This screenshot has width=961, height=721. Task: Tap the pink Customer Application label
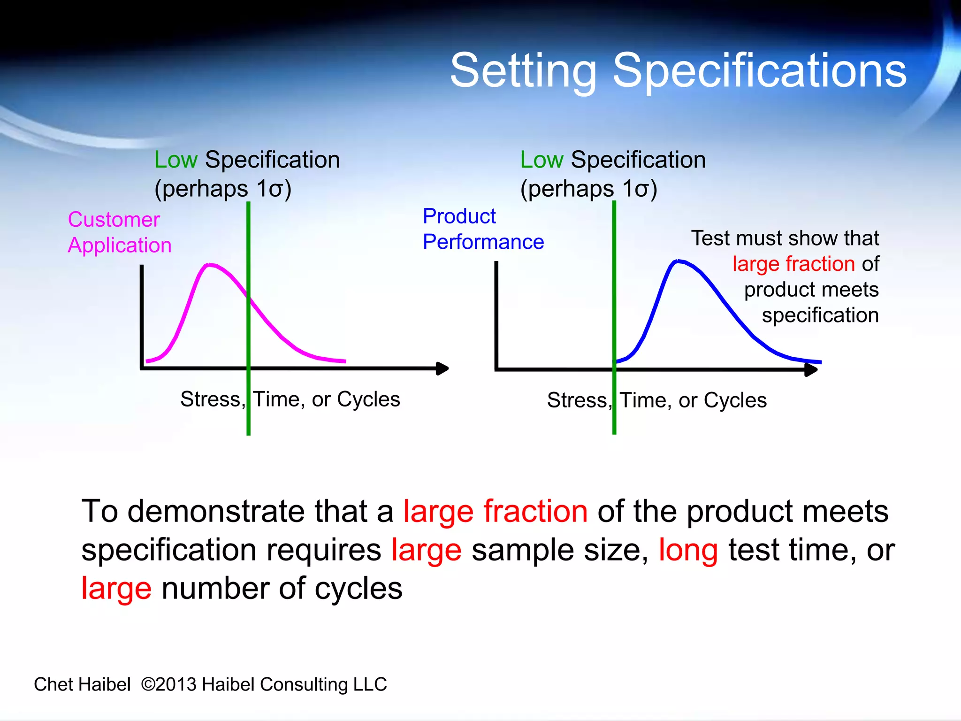point(119,232)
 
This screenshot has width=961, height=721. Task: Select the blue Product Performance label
point(483,229)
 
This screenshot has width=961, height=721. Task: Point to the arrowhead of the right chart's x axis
point(811,369)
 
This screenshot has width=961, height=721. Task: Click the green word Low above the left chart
point(175,160)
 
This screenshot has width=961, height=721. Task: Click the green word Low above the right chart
point(542,160)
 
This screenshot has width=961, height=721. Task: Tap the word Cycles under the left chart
point(368,399)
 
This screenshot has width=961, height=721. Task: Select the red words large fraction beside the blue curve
point(793,264)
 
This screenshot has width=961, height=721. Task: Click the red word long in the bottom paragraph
point(688,550)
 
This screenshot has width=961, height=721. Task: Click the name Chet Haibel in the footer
point(82,684)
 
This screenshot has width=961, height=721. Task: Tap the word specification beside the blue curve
point(820,315)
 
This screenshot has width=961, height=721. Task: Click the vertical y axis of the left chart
point(142,317)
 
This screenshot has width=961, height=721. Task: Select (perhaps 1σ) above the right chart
point(588,189)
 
